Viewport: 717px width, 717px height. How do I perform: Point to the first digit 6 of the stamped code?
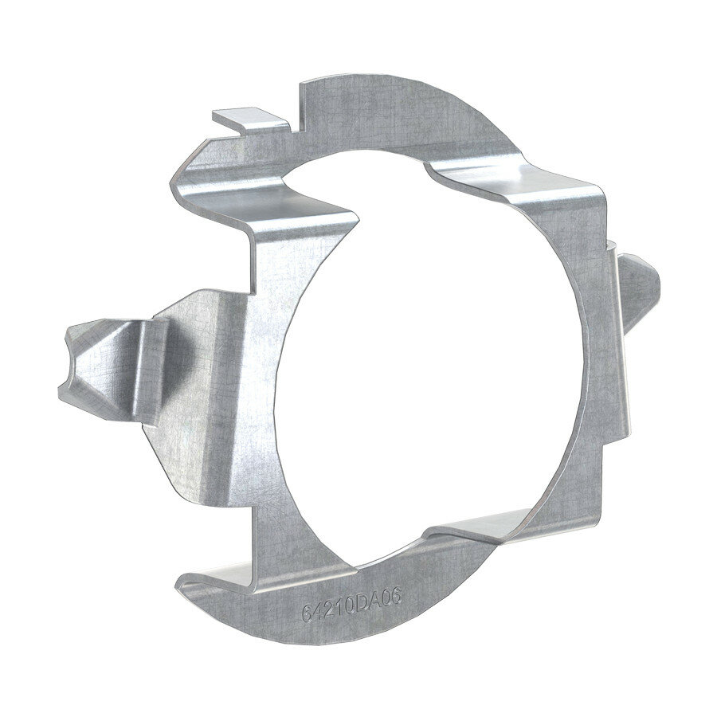307,614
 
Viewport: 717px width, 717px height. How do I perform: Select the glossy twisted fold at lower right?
510,530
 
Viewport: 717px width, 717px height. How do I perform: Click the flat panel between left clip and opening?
231,382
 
